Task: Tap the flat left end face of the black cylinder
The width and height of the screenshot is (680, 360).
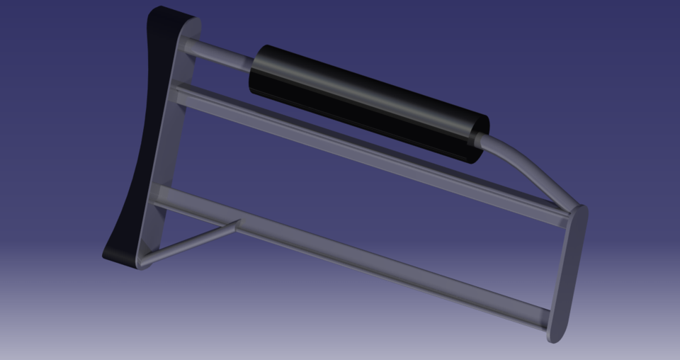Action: point(256,71)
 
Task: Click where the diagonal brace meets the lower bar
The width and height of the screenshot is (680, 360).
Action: point(236,225)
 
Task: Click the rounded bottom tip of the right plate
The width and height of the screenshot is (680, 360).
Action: point(556,336)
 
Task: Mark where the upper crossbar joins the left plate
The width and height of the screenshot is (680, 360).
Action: point(181,96)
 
